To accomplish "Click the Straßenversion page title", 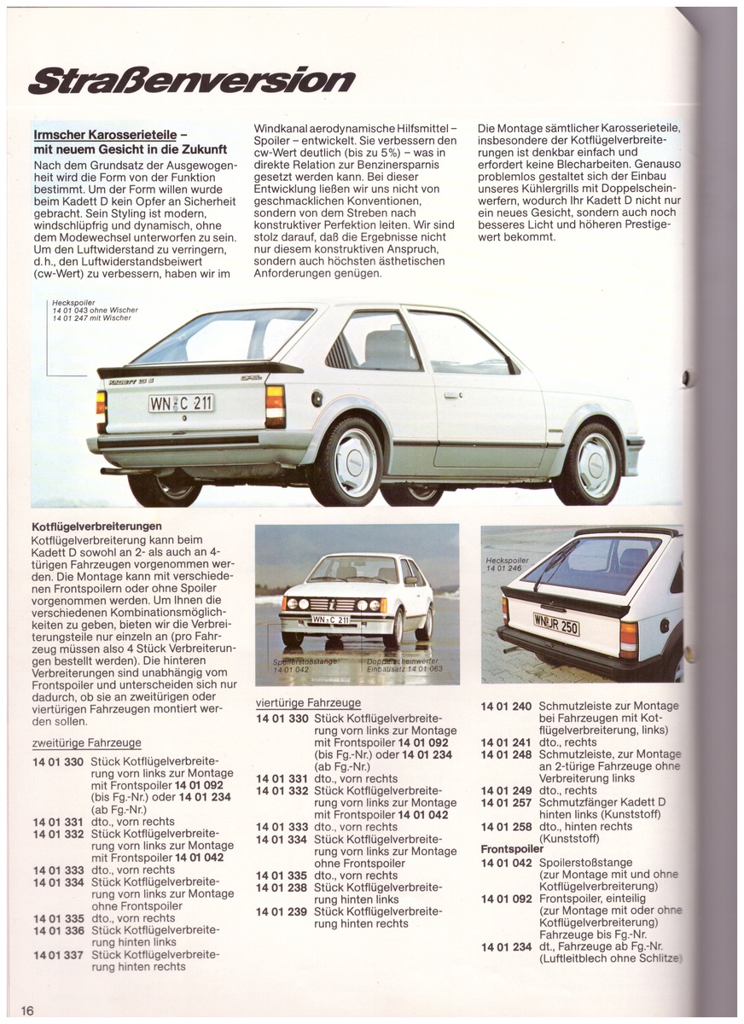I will (x=191, y=80).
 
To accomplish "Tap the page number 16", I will (x=27, y=1010).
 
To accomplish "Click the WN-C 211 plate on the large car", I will (x=181, y=403).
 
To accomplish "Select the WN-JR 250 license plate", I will (x=555, y=625).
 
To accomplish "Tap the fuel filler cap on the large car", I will (x=317, y=399).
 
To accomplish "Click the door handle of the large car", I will (x=452, y=395).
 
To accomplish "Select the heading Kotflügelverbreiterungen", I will (x=96, y=527).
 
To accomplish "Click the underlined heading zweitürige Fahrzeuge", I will (x=86, y=743).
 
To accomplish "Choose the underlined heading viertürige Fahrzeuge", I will (x=308, y=703).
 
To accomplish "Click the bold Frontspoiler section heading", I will (x=512, y=850).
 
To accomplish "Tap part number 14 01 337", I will (x=59, y=955).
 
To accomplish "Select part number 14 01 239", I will (x=282, y=911).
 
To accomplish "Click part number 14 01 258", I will (x=506, y=827).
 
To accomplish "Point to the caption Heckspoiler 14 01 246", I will (x=508, y=564).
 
